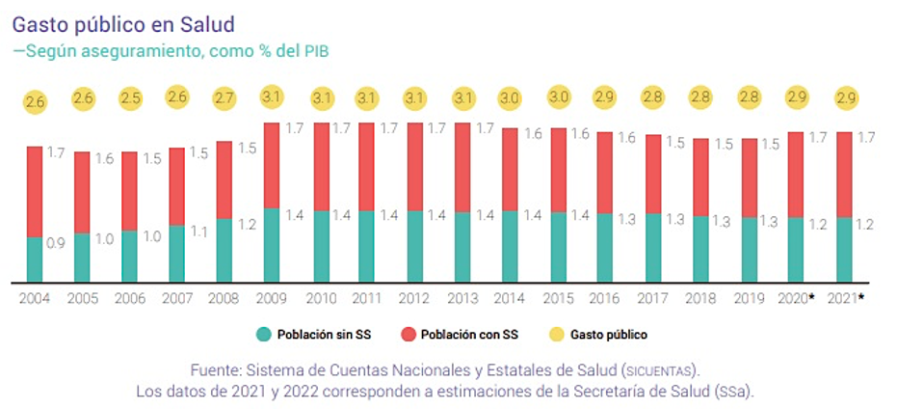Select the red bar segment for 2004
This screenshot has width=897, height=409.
35,191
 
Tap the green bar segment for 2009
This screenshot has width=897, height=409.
272,245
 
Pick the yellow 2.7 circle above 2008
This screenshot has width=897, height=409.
224,98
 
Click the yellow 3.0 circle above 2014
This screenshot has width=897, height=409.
510,98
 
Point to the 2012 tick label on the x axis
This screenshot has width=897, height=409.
414,298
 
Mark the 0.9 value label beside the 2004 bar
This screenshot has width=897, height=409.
56,243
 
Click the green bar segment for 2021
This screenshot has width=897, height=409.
843,249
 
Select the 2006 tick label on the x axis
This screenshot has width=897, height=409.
130,298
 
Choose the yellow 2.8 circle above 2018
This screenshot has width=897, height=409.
700,98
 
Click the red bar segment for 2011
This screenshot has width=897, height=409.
367,166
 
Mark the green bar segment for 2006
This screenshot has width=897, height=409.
130,256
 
